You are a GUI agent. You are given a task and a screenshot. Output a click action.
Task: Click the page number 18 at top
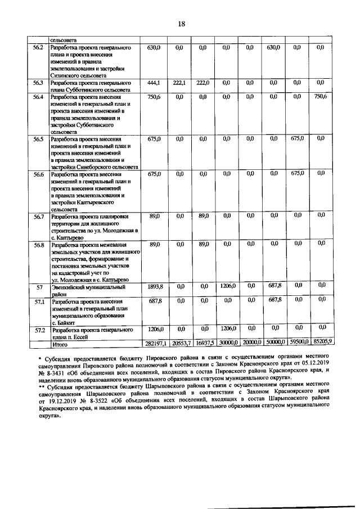point(181,24)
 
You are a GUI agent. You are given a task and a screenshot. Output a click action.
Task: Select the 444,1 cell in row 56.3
point(154,83)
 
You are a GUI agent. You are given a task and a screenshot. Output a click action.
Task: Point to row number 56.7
point(39,215)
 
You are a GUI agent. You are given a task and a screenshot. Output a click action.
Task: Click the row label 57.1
point(39,301)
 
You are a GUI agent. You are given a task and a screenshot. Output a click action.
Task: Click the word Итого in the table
point(60,343)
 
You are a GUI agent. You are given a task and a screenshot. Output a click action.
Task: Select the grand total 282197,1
point(154,343)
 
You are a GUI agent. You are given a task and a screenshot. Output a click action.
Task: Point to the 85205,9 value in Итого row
point(322,343)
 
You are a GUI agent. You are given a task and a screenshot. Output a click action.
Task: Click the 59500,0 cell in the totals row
point(297,343)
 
